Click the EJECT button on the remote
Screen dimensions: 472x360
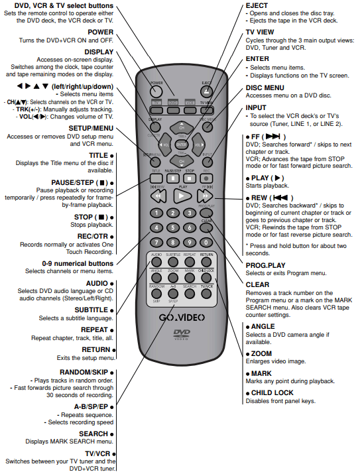pos(206,90)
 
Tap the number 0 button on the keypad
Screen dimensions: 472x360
pos(206,242)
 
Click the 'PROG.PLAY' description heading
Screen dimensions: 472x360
pos(266,266)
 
